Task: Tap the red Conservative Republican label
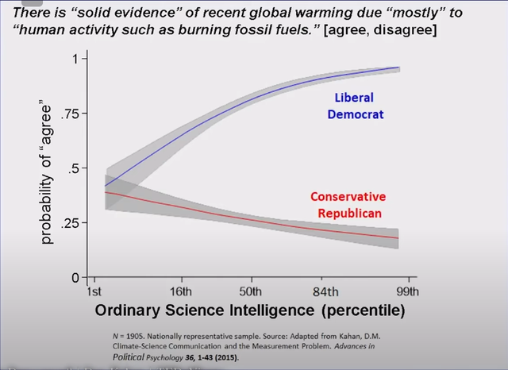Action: [x=348, y=205]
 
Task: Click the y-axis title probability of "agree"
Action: [x=47, y=169]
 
